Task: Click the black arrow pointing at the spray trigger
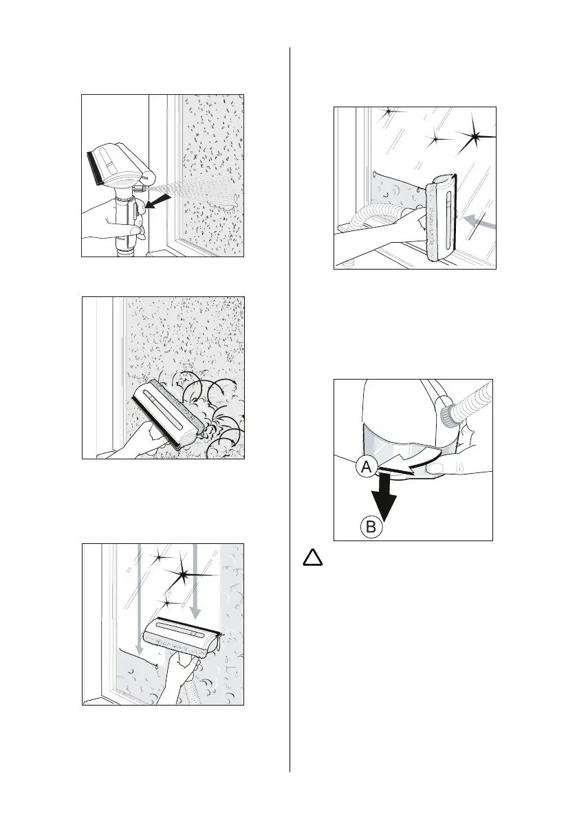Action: pos(157,202)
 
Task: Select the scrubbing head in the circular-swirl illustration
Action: pos(166,412)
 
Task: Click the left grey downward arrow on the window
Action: pos(140,598)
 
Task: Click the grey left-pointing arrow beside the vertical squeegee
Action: pos(478,221)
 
